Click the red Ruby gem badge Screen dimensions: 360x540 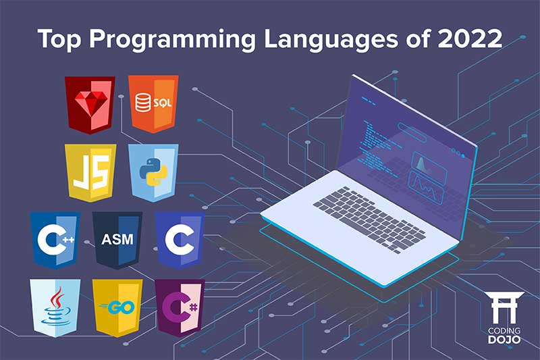pos(90,105)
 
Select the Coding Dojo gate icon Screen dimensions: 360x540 pos(503,308)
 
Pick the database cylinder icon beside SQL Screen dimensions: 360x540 pos(142,103)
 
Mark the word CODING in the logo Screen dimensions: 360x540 pos(503,330)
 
